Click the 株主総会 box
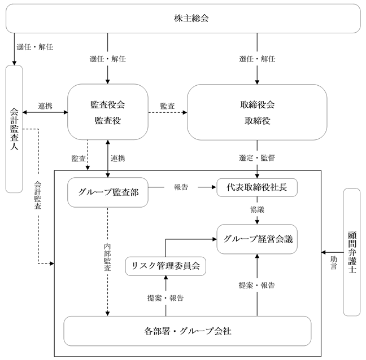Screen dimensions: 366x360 pyautogui.click(x=183, y=19)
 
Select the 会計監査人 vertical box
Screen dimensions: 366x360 pyautogui.click(x=14, y=129)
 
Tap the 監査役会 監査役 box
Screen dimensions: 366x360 pyautogui.click(x=108, y=112)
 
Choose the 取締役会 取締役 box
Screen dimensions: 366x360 pyautogui.click(x=257, y=112)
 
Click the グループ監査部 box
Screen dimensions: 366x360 pyautogui.click(x=108, y=192)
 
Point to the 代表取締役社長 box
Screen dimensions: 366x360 pyautogui.click(x=257, y=187)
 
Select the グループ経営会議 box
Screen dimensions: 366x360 pyautogui.click(x=257, y=239)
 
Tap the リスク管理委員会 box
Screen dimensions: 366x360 pyautogui.click(x=165, y=266)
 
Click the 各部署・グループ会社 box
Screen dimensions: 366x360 pyautogui.click(x=188, y=331)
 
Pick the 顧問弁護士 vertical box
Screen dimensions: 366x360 pyautogui.click(x=352, y=252)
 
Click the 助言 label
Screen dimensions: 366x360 pyautogui.click(x=334, y=263)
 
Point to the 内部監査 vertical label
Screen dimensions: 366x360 pyautogui.click(x=107, y=257)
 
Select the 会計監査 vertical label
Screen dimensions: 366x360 pyautogui.click(x=38, y=195)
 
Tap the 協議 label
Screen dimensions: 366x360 pyautogui.click(x=257, y=209)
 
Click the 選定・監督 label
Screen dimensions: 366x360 pyautogui.click(x=257, y=158)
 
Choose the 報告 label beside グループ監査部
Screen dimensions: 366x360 pyautogui.click(x=181, y=187)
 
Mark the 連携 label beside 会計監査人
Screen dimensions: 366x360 pyautogui.click(x=45, y=106)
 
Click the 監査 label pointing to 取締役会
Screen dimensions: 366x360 pyautogui.click(x=167, y=106)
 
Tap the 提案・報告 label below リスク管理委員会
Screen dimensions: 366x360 pyautogui.click(x=165, y=298)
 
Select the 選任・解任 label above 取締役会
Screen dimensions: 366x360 pyautogui.click(x=257, y=59)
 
